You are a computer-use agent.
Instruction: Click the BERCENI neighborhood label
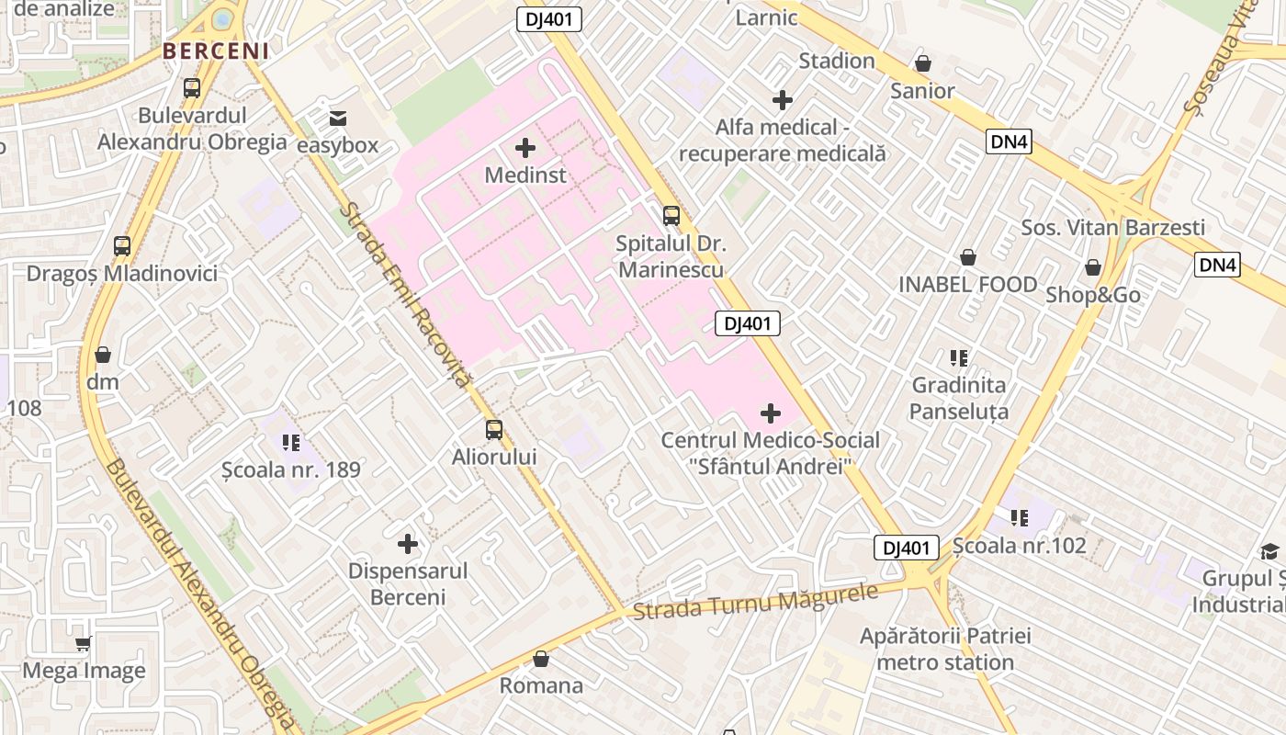pyautogui.click(x=217, y=51)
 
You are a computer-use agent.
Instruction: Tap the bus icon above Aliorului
pyautogui.click(x=494, y=429)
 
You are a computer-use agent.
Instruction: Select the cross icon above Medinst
pyautogui.click(x=525, y=147)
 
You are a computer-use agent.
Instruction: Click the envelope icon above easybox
pyautogui.click(x=338, y=118)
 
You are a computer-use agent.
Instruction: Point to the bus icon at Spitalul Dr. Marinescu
pyautogui.click(x=671, y=216)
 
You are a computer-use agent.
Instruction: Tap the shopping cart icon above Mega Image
pyautogui.click(x=84, y=644)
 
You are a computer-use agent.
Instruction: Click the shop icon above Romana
pyautogui.click(x=541, y=659)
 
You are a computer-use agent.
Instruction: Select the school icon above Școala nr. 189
pyautogui.click(x=291, y=443)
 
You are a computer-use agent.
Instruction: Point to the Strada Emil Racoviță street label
pyautogui.click(x=405, y=294)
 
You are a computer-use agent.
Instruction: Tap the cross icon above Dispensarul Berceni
pyautogui.click(x=408, y=544)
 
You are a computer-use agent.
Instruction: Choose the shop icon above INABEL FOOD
pyautogui.click(x=968, y=257)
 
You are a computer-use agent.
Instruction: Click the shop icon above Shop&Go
pyautogui.click(x=1093, y=267)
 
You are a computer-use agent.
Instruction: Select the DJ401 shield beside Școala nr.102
pyautogui.click(x=906, y=548)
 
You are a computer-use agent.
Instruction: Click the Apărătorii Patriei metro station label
pyautogui.click(x=945, y=649)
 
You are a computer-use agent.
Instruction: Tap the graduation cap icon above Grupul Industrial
pyautogui.click(x=1269, y=551)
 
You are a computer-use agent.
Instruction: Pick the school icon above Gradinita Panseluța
pyautogui.click(x=959, y=357)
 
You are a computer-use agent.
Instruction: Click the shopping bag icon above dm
pyautogui.click(x=103, y=355)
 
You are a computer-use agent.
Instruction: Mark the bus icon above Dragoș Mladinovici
pyautogui.click(x=122, y=246)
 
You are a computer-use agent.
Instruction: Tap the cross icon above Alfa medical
pyautogui.click(x=783, y=99)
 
